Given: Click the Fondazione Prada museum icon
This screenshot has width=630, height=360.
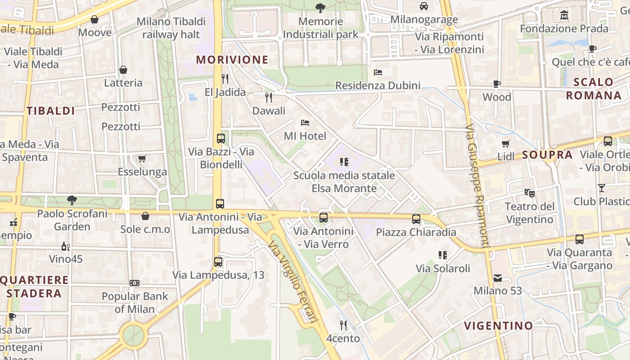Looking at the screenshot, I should (x=564, y=16).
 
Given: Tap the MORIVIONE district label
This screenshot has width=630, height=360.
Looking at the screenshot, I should (x=232, y=60).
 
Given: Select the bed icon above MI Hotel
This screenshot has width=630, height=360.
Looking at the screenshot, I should (x=305, y=122).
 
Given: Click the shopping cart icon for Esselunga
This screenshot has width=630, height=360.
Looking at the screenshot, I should (x=142, y=158).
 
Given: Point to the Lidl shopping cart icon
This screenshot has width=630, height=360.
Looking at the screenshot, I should (x=506, y=144).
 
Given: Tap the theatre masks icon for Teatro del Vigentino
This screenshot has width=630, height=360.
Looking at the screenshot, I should (x=530, y=193).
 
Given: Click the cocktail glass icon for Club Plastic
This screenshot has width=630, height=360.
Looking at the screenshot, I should (x=602, y=188).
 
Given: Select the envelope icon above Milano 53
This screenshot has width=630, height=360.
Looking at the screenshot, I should (x=498, y=278).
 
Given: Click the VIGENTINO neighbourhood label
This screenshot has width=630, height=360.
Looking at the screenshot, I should (x=498, y=325).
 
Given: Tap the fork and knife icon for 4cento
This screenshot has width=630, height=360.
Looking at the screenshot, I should (x=343, y=325).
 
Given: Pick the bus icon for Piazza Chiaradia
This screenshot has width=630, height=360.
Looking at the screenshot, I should (x=416, y=219).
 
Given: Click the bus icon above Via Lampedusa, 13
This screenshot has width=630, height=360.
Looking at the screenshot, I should (x=218, y=261).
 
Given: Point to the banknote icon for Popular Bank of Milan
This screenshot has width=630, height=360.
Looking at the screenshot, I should (x=135, y=283).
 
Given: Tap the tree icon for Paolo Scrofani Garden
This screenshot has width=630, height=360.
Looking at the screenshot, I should (x=72, y=200).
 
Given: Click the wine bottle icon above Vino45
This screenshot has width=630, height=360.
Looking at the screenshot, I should (x=66, y=246).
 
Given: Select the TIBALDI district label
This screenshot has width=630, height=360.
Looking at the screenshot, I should (x=50, y=111).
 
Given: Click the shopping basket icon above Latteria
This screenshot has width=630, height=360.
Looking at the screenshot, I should (x=123, y=70).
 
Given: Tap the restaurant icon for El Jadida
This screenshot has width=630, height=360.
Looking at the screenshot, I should (x=225, y=79).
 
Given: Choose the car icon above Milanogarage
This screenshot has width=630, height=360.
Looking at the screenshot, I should (x=424, y=6).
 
